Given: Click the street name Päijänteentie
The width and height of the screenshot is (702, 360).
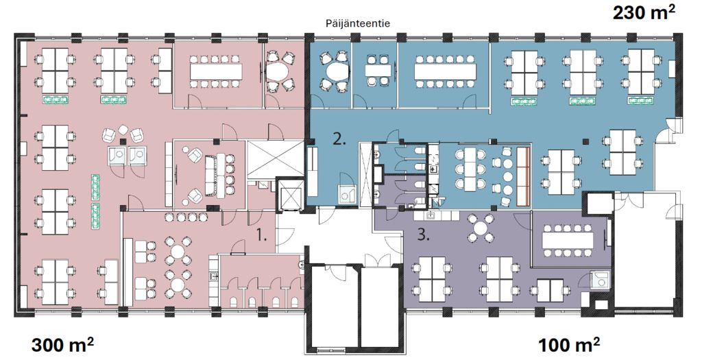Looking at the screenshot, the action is click(x=357, y=23).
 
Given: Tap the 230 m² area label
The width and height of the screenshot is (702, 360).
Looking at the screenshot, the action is click(x=643, y=14).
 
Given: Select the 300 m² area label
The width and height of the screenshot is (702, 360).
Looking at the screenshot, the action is click(x=62, y=345).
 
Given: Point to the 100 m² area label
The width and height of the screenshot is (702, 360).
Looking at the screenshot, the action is click(x=568, y=345).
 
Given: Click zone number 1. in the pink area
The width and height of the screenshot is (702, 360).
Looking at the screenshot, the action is click(x=261, y=235).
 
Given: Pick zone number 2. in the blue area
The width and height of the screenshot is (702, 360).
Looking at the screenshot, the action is click(x=339, y=140).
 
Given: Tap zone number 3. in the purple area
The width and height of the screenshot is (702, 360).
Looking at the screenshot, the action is click(x=424, y=235).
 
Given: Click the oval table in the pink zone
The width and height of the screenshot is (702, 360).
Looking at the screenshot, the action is click(x=279, y=71).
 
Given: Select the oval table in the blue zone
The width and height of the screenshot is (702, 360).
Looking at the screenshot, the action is click(x=337, y=71).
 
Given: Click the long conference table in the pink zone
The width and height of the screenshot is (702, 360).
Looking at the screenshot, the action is click(x=216, y=71).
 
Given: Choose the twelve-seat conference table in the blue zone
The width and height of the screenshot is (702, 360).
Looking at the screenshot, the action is click(x=445, y=71).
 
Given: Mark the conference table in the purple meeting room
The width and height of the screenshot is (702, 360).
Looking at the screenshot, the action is click(x=568, y=241).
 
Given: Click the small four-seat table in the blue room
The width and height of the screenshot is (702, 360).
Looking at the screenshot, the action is click(x=378, y=71).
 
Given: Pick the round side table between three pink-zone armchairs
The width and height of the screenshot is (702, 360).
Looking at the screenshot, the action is click(x=123, y=130).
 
